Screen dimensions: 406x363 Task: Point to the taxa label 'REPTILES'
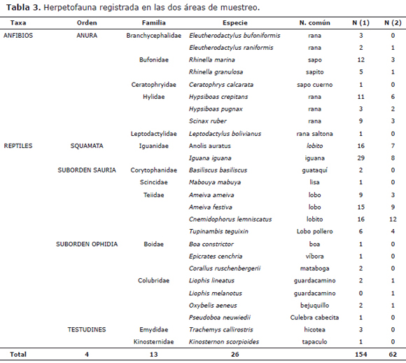17,146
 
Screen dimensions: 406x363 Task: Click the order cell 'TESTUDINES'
87,329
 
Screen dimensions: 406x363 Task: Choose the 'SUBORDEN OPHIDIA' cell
87,244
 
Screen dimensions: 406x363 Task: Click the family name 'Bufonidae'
154,60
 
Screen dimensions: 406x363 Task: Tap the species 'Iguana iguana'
208,158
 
